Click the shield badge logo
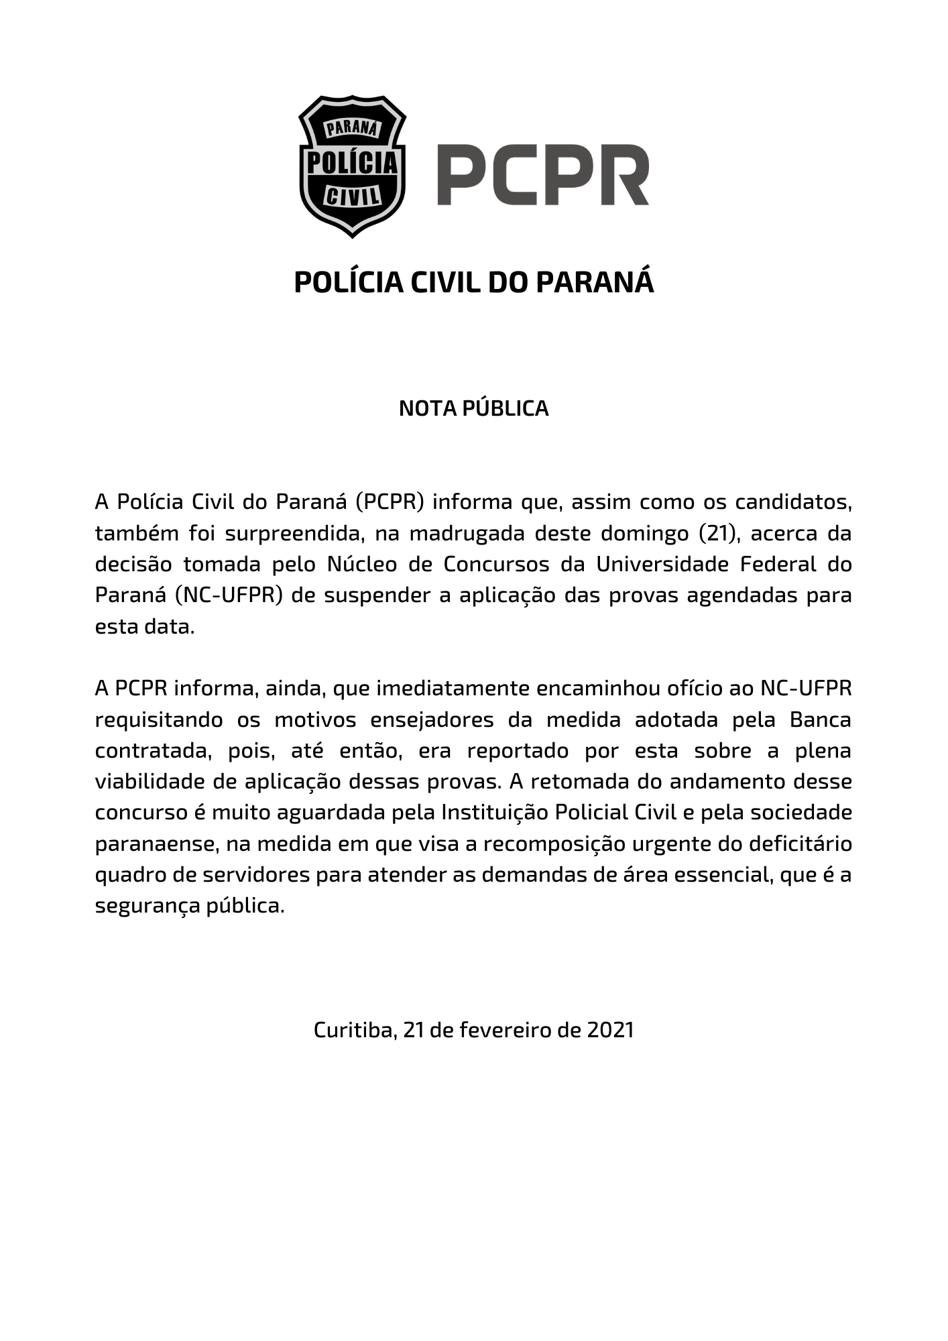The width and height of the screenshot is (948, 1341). [352, 166]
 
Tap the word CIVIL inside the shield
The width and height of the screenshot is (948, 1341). [352, 196]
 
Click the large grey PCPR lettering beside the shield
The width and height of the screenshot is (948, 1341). [543, 175]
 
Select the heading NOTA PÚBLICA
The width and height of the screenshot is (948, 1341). [473, 408]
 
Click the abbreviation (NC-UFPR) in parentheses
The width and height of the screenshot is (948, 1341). [227, 595]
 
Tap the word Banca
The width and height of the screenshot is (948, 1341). [820, 719]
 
